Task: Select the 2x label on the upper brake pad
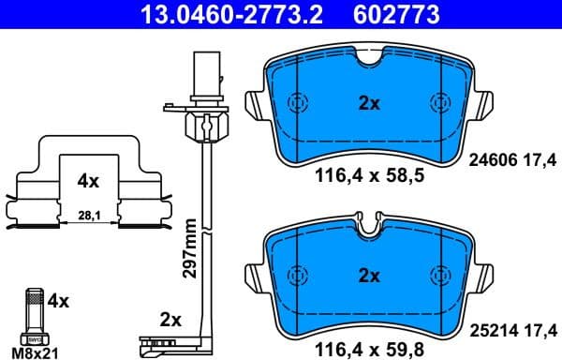369,104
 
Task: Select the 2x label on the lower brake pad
369,276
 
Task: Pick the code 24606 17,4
512,161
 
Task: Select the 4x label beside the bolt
58,302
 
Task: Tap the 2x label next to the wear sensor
170,319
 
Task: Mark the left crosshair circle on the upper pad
298,103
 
